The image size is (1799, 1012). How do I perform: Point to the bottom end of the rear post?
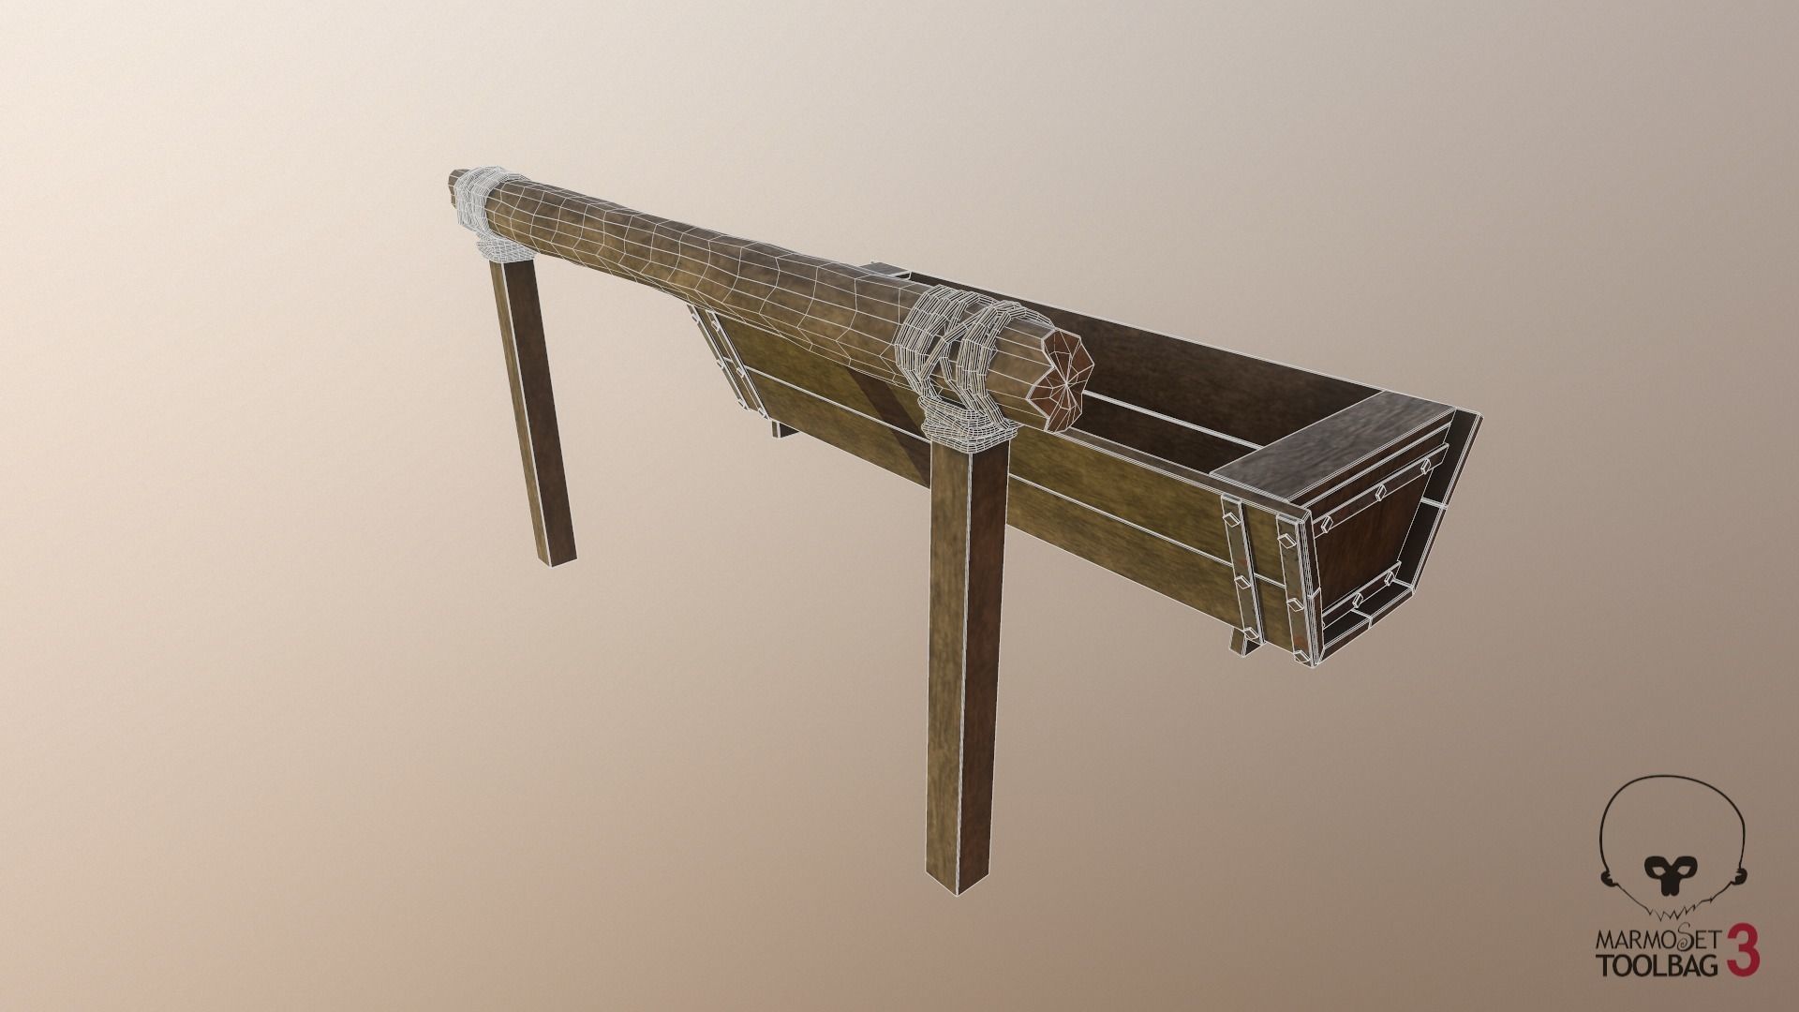point(555,557)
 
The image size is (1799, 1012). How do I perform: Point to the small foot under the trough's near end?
point(1244,640)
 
